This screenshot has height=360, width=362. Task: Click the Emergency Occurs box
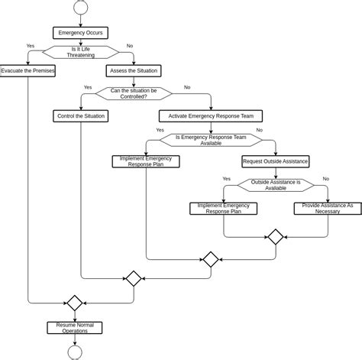coord(80,32)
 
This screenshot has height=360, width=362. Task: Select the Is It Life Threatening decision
coord(80,52)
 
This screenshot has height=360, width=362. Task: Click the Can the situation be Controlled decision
coord(134,93)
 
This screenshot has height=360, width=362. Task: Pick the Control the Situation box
coord(80,116)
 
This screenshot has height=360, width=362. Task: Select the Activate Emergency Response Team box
coord(211,116)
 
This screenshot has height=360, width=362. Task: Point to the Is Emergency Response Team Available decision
coord(211,140)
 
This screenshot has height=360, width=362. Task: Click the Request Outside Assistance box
coord(275,161)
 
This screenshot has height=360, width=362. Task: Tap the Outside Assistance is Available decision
coord(275,185)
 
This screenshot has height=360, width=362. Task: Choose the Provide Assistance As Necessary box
coord(328,208)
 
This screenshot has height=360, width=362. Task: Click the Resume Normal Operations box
coord(74,328)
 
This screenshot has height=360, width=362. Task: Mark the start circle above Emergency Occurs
coord(80,8)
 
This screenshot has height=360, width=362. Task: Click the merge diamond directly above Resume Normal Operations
coord(74,303)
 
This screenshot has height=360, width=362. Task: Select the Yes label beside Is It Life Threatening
coord(31,46)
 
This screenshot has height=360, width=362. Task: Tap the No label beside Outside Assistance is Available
coord(326,179)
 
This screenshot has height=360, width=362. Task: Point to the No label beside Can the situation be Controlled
coord(187,87)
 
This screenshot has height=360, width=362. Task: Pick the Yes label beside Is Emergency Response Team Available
coord(160,131)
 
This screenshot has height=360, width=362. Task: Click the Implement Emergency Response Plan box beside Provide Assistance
coord(223,208)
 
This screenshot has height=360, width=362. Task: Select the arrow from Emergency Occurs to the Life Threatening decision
coord(80,41)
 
